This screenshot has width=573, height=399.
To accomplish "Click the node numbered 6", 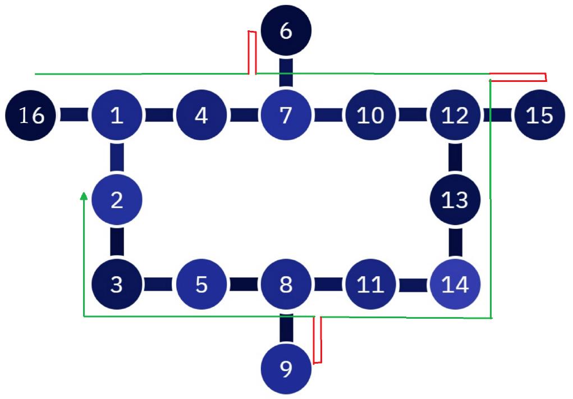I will point(286,31).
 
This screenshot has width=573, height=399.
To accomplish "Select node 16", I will point(31,116).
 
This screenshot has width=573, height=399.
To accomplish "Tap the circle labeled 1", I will point(117,116).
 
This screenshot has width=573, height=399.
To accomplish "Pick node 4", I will point(201,116).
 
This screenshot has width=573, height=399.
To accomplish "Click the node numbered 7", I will point(286,116).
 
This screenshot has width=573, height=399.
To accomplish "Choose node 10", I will point(370,116).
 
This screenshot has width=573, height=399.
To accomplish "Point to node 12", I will point(455,116).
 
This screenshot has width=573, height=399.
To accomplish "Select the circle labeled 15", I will point(539,116).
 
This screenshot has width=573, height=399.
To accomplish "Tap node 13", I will point(455,200).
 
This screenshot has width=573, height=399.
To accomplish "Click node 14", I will point(455,285).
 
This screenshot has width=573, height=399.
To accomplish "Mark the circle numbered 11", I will point(370,285).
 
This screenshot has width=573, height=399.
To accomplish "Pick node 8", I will point(286,285).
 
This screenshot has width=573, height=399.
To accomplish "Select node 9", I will point(286,369).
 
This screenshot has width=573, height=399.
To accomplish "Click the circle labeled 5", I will point(201,285).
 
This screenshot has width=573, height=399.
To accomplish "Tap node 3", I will point(117,285).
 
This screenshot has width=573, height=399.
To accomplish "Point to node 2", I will point(117,200).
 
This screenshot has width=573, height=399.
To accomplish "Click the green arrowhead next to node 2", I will point(84,196).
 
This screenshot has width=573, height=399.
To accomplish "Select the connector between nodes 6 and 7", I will point(286,73).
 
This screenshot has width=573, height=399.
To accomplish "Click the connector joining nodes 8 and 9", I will point(286,327).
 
